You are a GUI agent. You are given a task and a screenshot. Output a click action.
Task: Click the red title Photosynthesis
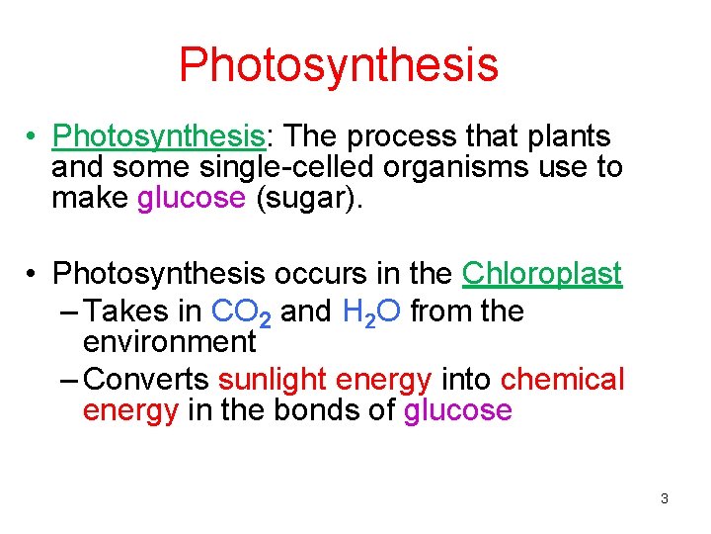[x=339, y=64]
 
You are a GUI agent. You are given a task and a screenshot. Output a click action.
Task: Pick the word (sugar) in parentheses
[x=310, y=198]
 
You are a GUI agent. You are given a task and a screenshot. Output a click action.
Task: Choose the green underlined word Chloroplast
[x=542, y=273]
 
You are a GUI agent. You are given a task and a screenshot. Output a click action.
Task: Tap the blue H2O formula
[x=370, y=312]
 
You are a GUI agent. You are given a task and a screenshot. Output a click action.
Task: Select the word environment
[x=170, y=342]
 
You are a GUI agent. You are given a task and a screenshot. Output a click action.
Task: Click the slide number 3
[x=665, y=498]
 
